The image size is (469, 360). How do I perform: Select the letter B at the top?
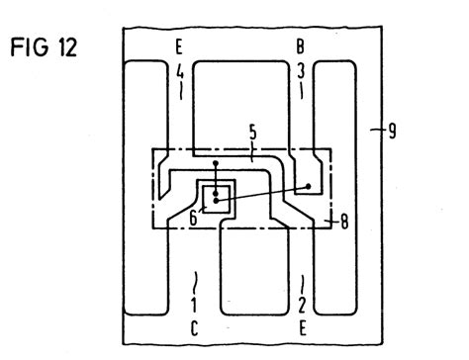[300, 46]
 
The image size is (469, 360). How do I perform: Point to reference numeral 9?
[393, 129]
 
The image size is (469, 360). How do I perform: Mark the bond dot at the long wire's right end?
[309, 185]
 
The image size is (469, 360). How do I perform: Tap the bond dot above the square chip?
[217, 163]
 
